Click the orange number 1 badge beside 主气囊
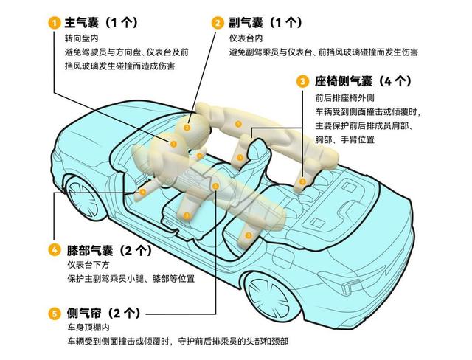[x=55, y=23]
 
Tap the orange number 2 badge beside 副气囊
[x=218, y=23]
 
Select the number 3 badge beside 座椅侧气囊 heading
[x=302, y=81]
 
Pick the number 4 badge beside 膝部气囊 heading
[x=55, y=250]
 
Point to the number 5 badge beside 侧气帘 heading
[x=55, y=314]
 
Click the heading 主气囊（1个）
[x=102, y=23]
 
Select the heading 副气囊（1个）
[x=265, y=23]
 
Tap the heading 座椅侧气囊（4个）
[x=363, y=81]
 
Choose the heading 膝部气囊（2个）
[x=110, y=250]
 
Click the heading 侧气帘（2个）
[x=104, y=314]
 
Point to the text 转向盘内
[x=82, y=38]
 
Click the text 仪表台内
[x=246, y=38]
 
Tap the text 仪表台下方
[x=88, y=265]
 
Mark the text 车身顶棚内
[x=88, y=328]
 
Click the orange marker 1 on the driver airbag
[x=173, y=144]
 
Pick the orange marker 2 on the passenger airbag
[x=187, y=128]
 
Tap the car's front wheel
[x=83, y=196]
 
